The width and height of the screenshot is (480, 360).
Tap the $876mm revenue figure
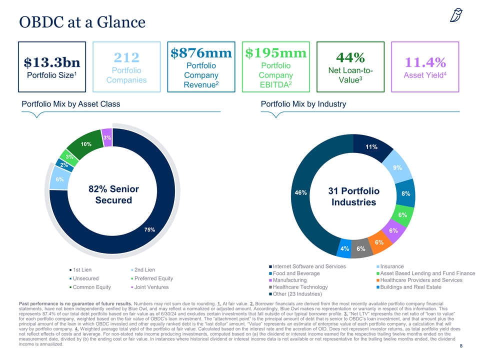click(200, 52)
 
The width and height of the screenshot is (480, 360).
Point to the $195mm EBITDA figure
click(274, 52)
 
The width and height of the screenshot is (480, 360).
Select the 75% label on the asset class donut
click(149, 229)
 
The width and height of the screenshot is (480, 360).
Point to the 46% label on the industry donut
click(301, 192)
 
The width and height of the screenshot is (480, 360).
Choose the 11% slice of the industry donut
click(371, 147)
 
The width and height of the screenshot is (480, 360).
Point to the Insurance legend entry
click(392, 266)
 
